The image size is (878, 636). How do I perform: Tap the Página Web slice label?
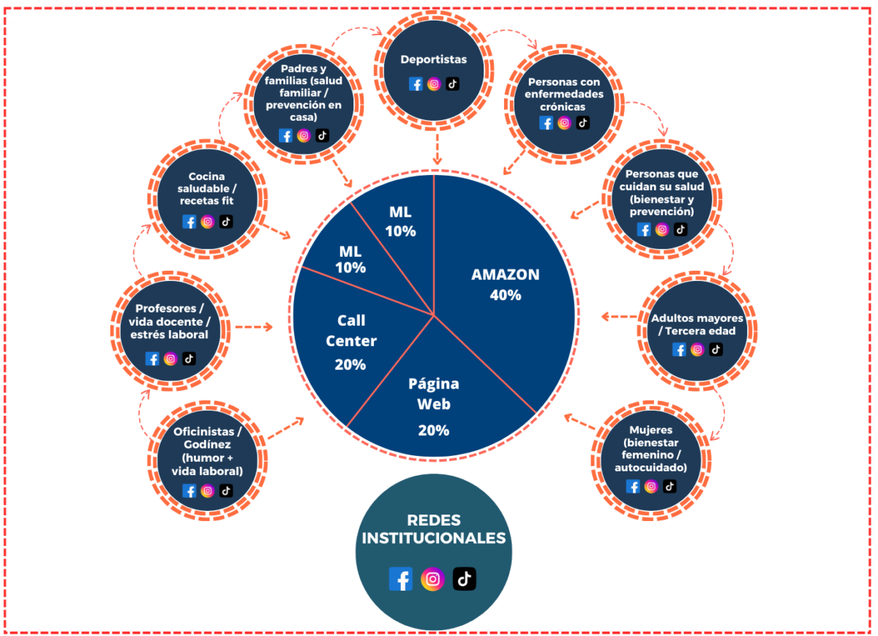[433, 394]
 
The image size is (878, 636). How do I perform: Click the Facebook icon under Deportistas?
[416, 83]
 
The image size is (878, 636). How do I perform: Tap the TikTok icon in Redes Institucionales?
[464, 579]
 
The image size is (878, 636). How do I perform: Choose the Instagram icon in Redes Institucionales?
[432, 579]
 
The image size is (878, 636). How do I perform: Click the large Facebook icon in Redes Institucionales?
[400, 579]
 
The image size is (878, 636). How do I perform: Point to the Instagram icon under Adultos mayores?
[697, 350]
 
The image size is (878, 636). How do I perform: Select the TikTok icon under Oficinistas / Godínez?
[226, 490]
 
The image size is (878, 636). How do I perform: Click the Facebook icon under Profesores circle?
[152, 359]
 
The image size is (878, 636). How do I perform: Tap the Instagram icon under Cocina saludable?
[207, 222]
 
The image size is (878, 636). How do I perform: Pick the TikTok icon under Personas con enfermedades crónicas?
[582, 123]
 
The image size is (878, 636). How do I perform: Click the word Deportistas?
[433, 60]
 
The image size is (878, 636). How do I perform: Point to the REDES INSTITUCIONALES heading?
[433, 529]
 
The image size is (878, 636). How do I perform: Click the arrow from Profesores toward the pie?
[253, 326]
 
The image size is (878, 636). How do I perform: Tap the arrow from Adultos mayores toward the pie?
[618, 317]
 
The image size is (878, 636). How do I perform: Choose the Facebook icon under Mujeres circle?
[633, 486]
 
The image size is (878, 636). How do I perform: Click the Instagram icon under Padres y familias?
[304, 135]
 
